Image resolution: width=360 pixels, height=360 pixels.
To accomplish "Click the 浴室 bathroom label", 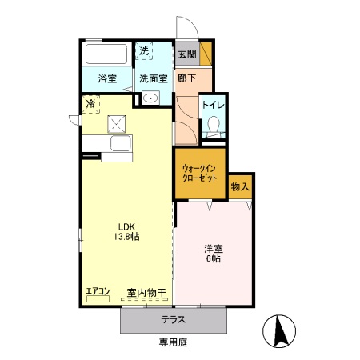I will tap(107, 79).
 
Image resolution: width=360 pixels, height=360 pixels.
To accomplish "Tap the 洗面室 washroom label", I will tap(152, 79).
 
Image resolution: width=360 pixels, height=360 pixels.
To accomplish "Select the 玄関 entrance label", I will tap(186, 54).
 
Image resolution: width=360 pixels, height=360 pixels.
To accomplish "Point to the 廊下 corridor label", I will tap(186, 79).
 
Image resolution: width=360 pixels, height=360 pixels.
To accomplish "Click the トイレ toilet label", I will tap(213, 105).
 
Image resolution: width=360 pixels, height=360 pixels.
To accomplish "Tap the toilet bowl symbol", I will tap(214, 126).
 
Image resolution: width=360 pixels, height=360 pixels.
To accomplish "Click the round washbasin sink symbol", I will tap(150, 98).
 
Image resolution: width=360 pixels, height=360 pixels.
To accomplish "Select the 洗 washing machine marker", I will tap(144, 51).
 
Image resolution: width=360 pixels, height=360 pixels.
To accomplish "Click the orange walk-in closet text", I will tap(200, 174).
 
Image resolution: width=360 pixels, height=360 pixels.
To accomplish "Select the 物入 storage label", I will tap(240, 187).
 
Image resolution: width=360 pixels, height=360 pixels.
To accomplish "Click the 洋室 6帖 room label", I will tap(213, 254).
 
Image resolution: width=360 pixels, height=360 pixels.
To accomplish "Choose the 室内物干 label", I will tap(146, 294).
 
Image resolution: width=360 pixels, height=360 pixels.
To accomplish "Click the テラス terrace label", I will tap(174, 319).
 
